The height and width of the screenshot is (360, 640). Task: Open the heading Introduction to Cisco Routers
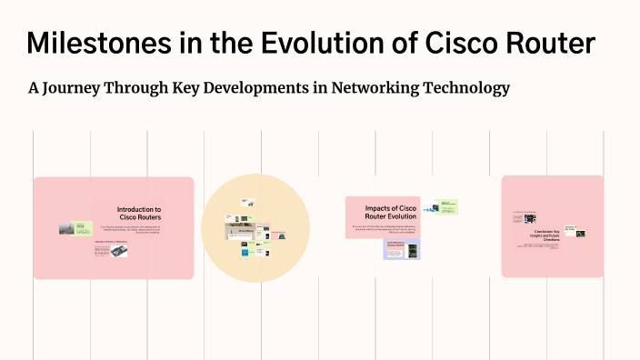coord(139,213)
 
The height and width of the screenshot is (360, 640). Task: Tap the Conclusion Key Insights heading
coord(544,235)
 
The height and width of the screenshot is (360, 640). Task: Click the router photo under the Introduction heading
coord(117,252)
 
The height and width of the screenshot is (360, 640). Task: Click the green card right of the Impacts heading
coord(445,207)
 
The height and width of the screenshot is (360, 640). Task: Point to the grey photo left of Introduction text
coord(68,228)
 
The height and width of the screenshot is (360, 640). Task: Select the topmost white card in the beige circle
coord(247,203)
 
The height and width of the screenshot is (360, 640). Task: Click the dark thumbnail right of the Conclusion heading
coord(580,234)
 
